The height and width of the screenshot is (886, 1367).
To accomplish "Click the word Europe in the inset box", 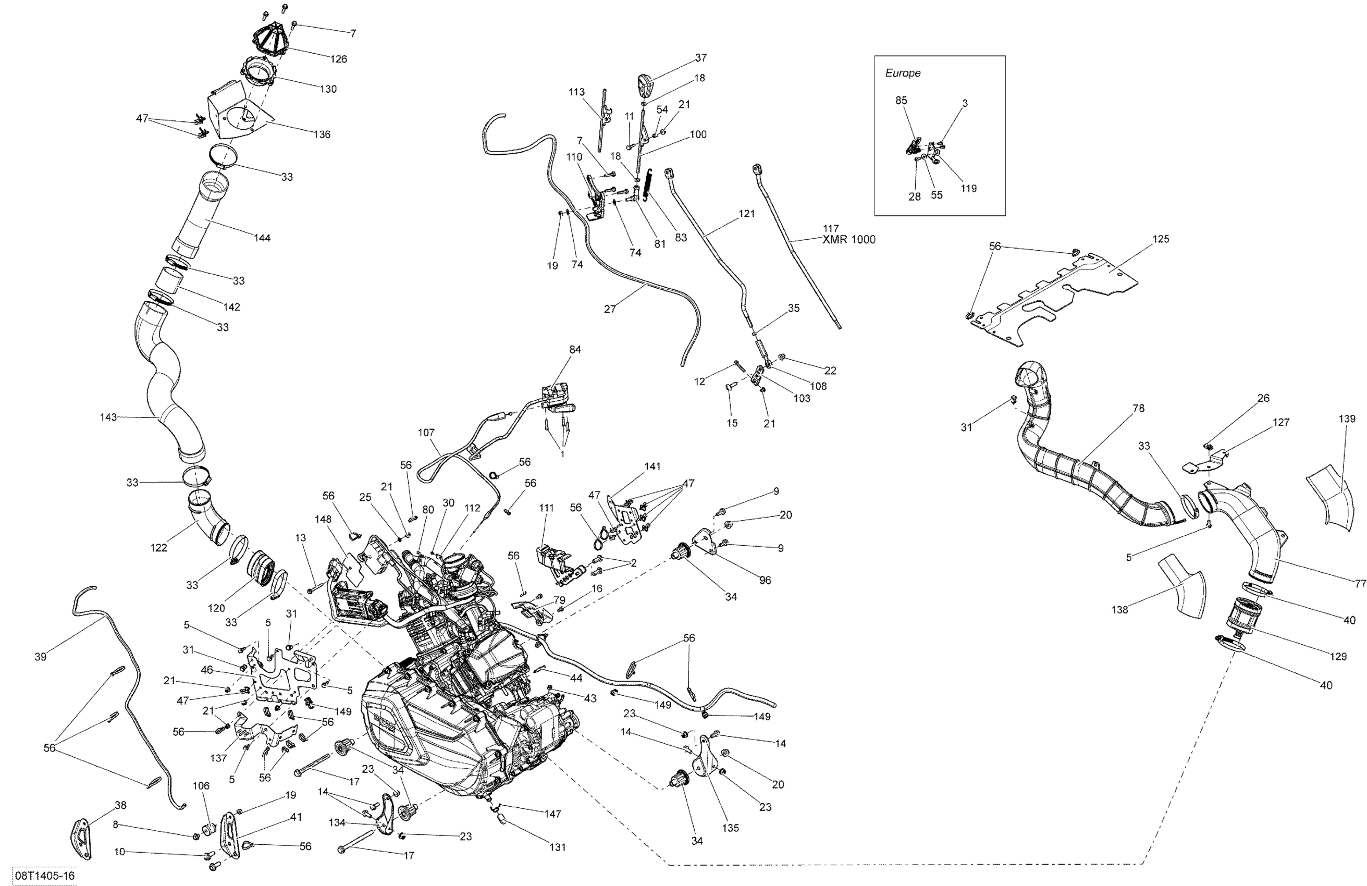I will click(903, 73).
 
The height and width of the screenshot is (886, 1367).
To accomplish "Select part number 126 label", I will click(338, 58).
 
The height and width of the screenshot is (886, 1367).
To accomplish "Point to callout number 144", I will click(262, 238).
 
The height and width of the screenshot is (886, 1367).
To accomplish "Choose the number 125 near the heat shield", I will click(1161, 239).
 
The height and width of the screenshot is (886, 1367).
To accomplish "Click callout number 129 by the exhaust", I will click(1338, 656).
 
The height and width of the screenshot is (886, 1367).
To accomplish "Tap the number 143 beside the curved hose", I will click(108, 417).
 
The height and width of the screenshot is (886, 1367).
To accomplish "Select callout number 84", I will click(575, 350).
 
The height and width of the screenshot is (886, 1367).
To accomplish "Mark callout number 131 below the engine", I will click(557, 847).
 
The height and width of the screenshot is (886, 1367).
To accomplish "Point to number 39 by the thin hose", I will click(40, 657).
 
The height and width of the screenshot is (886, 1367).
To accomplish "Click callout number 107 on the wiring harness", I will click(426, 433).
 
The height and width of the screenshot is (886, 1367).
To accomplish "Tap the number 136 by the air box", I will click(322, 134).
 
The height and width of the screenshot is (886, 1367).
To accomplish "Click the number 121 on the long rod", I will click(747, 214).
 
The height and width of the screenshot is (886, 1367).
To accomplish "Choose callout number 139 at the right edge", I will click(1347, 419).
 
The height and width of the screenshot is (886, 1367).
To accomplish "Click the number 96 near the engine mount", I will click(765, 581).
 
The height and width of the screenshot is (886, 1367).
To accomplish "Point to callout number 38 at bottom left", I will click(120, 805).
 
